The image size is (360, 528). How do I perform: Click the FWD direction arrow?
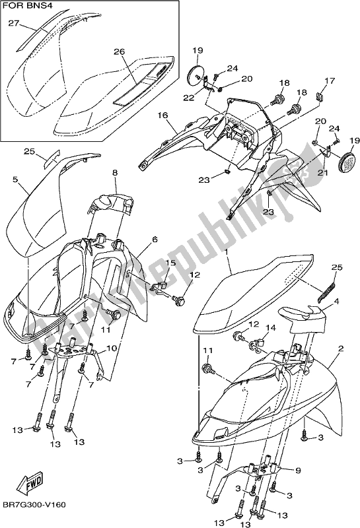(x=31, y=486)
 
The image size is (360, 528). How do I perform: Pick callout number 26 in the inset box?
(x=119, y=52)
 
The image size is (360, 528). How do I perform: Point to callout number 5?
(x=15, y=178)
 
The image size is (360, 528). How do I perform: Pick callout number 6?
(x=155, y=240)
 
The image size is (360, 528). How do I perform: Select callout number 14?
(x=268, y=327)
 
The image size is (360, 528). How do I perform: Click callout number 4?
(x=336, y=301)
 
